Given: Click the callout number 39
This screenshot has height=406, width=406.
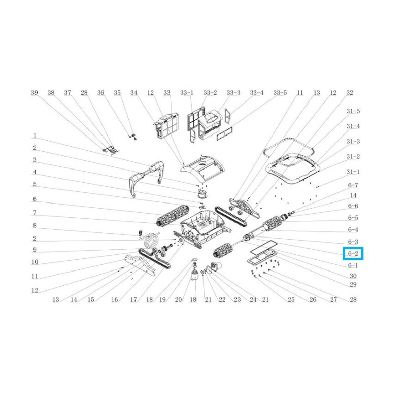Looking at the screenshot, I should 35,93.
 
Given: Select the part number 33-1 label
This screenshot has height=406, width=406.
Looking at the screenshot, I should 186,93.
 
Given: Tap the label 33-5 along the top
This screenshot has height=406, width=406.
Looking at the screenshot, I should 280,93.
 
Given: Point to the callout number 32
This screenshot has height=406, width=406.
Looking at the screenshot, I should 349,93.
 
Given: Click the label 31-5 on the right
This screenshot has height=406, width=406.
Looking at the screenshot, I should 353,111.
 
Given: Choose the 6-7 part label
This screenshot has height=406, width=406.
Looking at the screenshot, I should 353,185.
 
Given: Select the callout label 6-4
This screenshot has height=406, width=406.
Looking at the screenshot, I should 353,230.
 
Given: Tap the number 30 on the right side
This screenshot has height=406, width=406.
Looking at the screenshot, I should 353,276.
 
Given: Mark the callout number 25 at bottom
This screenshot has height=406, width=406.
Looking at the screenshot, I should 291,300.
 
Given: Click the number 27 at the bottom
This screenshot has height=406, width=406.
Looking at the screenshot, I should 333,300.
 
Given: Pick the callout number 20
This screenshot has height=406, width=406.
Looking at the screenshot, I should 178,300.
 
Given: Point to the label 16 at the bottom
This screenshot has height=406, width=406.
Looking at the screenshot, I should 114,300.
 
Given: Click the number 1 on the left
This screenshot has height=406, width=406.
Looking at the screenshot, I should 35,136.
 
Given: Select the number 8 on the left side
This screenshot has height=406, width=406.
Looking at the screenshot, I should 35,225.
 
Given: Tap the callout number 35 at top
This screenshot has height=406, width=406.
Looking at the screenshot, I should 117,93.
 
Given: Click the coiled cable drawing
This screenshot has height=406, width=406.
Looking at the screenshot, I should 149,239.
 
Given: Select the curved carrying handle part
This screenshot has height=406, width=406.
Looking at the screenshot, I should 148,175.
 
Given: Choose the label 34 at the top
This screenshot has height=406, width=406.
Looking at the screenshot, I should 134,93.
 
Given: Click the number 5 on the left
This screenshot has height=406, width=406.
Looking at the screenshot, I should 35,184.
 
